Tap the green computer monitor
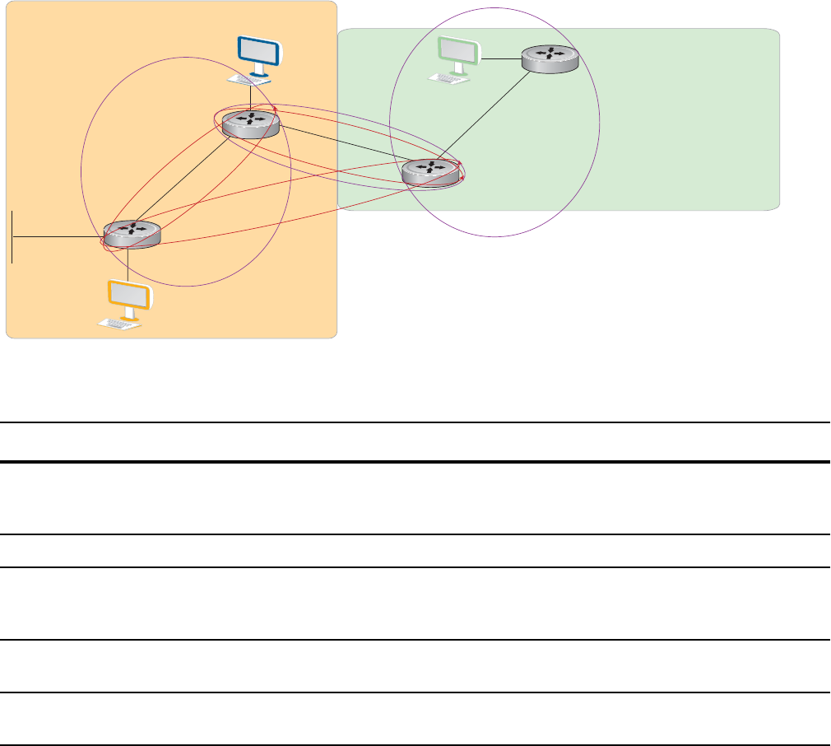(x=457, y=51)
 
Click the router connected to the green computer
(x=550, y=59)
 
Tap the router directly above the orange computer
(x=132, y=234)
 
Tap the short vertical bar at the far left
(x=13, y=236)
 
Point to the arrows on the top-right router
(x=550, y=54)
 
